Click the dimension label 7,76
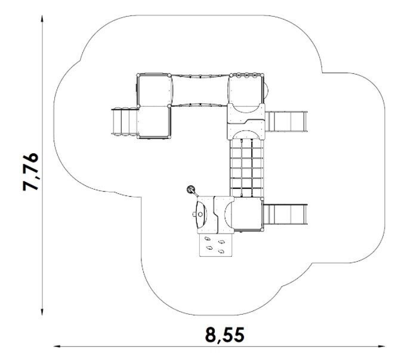[30, 171]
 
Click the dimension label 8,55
[225, 335]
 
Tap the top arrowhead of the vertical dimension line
[42, 18]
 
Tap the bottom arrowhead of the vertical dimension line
[42, 312]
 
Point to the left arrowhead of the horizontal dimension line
[57, 346]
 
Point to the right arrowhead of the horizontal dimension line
[381, 346]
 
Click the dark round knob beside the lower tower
[190, 190]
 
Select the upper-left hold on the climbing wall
[208, 238]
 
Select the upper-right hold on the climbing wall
[221, 241]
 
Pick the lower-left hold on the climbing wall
[209, 247]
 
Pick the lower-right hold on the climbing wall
[221, 251]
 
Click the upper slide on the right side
[286, 122]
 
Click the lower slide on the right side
[286, 215]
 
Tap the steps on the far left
[125, 122]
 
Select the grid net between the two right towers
[246, 168]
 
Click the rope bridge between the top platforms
[200, 91]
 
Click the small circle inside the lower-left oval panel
[200, 215]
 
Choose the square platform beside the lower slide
[248, 213]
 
